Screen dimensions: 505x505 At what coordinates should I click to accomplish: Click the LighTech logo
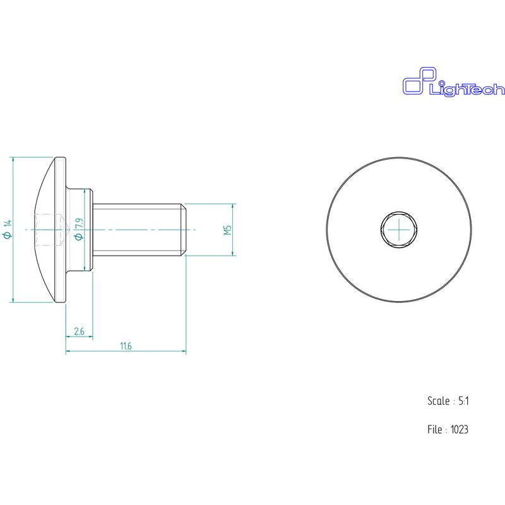tap(453, 82)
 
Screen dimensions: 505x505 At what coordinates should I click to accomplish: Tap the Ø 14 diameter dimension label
tap(8, 229)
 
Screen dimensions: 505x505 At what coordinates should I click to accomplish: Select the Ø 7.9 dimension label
tap(79, 229)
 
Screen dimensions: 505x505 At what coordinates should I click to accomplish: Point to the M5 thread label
tap(228, 230)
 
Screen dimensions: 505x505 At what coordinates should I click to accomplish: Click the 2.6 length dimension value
tap(79, 331)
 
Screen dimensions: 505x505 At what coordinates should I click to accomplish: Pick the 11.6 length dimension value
tap(126, 346)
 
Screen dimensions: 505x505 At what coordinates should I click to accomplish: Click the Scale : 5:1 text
tap(448, 401)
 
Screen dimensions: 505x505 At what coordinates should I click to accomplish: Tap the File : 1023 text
tap(448, 429)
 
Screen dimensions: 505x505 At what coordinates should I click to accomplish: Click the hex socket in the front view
tap(399, 230)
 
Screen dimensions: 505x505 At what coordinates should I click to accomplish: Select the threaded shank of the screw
tap(139, 230)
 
